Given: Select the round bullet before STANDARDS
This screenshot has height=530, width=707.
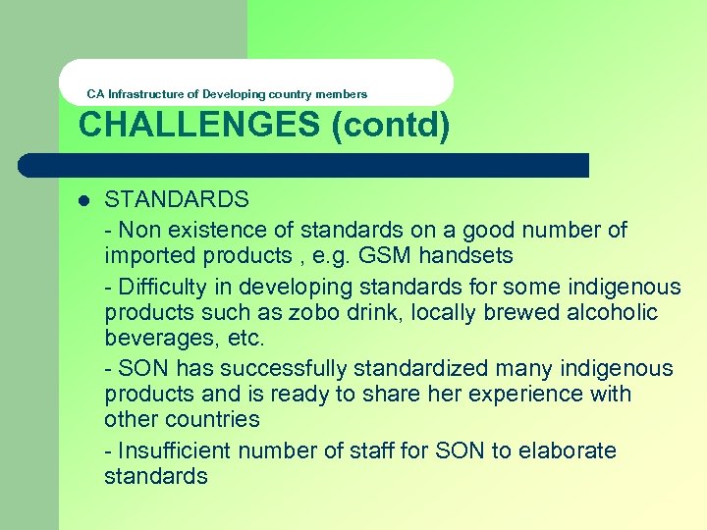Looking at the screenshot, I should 83,200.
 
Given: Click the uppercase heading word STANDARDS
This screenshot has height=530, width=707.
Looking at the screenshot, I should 177,200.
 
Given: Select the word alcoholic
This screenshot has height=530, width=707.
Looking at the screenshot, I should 609,313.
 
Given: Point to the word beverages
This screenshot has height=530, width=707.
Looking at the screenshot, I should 153,339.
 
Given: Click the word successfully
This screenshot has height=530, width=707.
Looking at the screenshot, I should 284,369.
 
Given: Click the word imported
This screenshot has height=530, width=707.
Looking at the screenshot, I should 148,256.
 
